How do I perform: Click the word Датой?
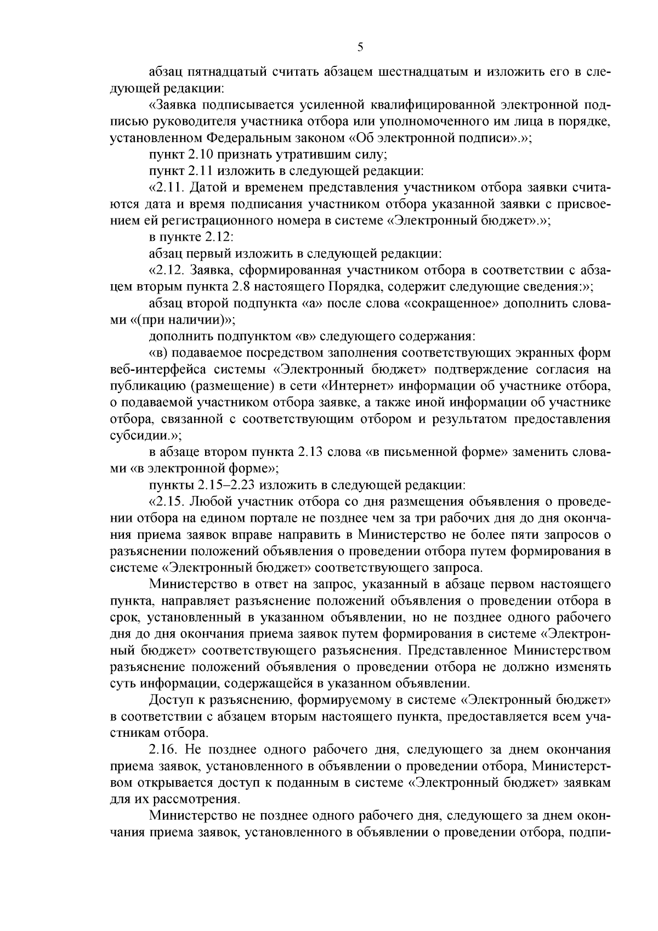(206, 188)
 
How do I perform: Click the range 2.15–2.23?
(223, 486)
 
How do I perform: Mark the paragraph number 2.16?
(164, 750)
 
